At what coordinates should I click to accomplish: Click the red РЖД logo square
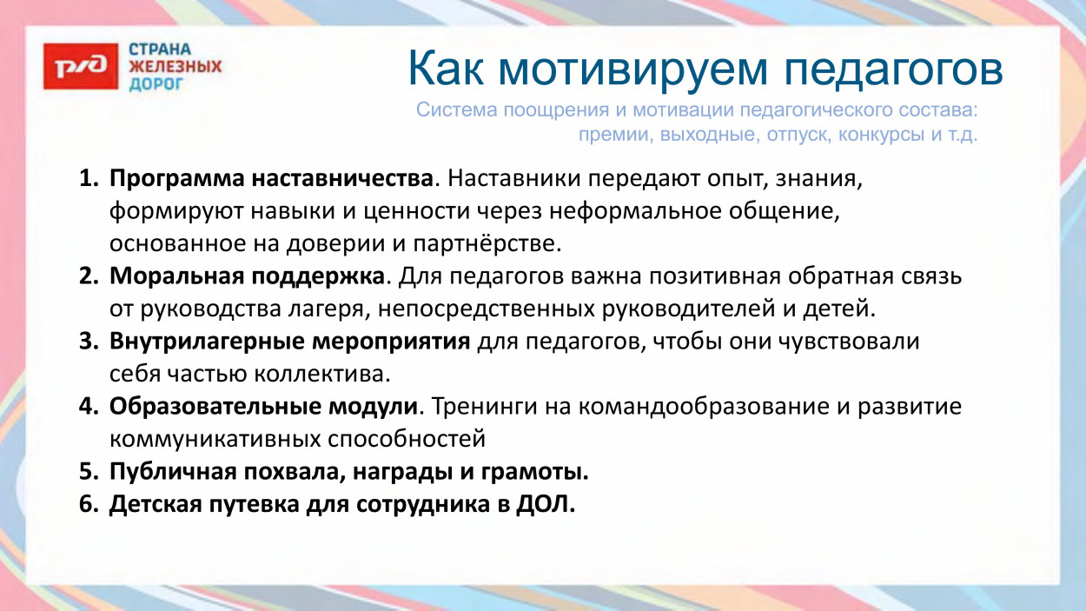[80, 66]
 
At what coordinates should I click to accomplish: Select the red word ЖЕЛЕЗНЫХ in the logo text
[175, 66]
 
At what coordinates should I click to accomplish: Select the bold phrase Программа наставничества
[271, 179]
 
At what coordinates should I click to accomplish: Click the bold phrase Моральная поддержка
[247, 276]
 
